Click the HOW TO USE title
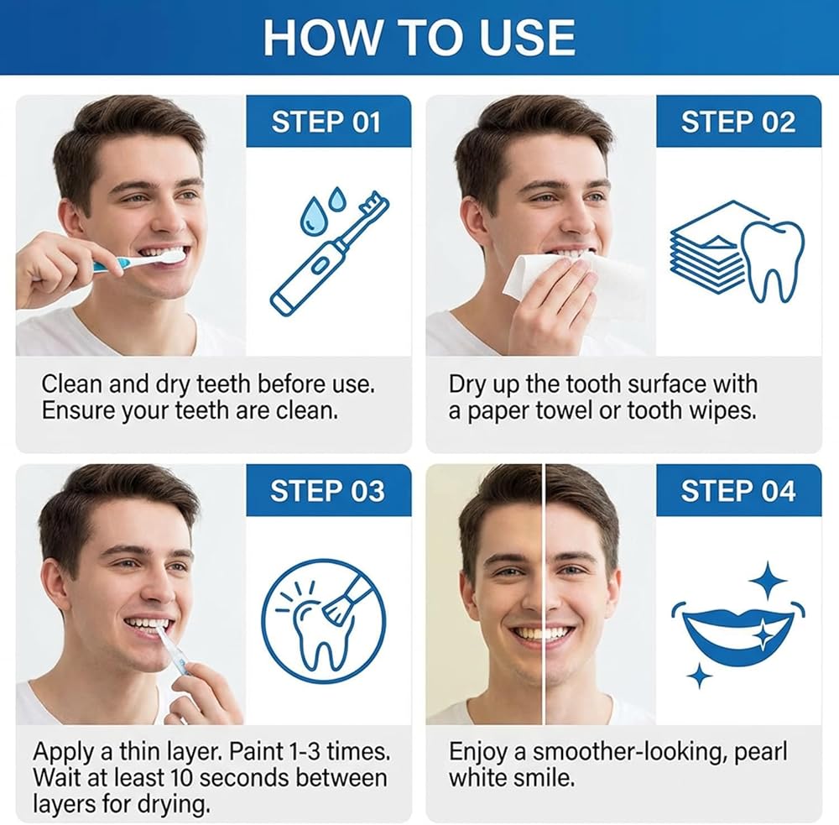419,38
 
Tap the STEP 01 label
326,122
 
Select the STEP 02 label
737,122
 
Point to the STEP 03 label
327,491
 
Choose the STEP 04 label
737,491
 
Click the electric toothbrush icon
330,253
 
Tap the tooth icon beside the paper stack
772,261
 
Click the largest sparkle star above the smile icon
768,580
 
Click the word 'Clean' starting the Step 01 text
71,384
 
